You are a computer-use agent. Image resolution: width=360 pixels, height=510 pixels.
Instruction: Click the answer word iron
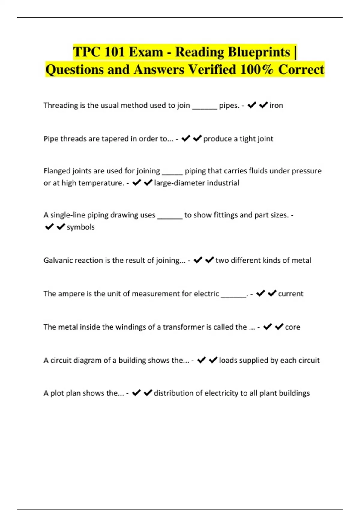[x=276, y=106]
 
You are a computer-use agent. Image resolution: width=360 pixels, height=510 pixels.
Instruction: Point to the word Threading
[x=61, y=106]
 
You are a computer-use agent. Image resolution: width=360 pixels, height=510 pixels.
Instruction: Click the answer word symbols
[x=80, y=227]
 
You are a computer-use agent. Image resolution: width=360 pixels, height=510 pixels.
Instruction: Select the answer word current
[x=290, y=294]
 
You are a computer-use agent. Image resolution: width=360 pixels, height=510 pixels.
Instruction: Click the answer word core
[x=292, y=327]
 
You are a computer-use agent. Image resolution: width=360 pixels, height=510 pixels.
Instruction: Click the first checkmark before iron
[x=252, y=105]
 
